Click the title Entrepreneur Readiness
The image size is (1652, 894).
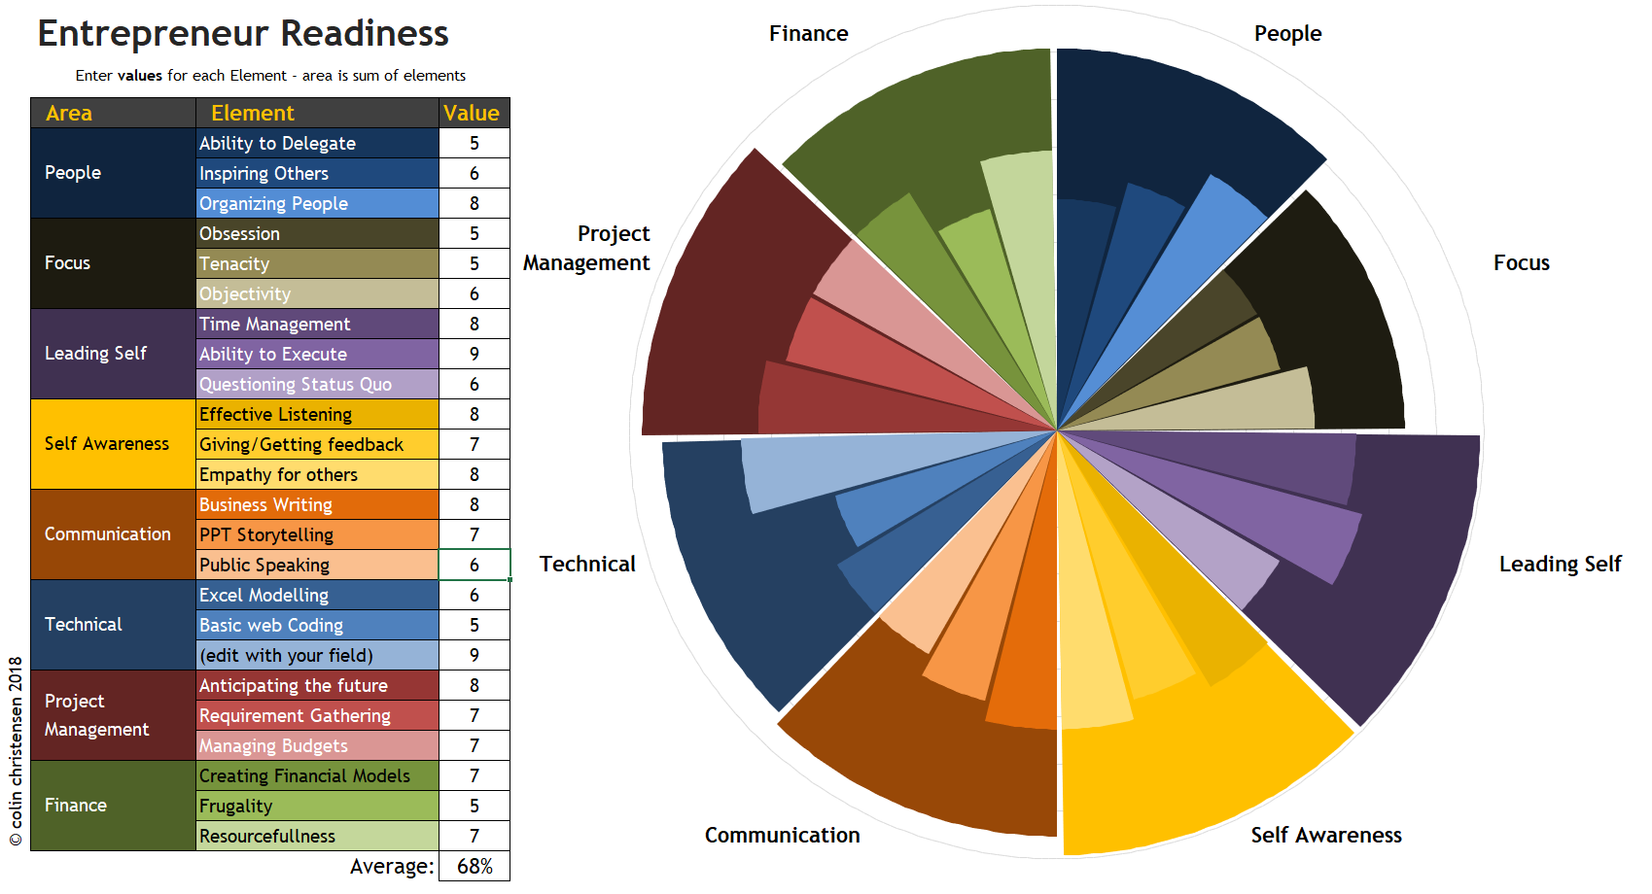pyautogui.click(x=243, y=34)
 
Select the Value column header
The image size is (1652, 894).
pyautogui.click(x=473, y=113)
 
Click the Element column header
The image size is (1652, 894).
pyautogui.click(x=253, y=113)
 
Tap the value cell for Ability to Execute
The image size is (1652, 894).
pyautogui.click(x=474, y=354)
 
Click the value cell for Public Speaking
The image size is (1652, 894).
pyautogui.click(x=474, y=565)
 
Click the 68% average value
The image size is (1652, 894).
pyautogui.click(x=475, y=866)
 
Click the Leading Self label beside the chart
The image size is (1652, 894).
pyautogui.click(x=1560, y=565)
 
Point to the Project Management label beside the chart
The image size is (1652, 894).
pyautogui.click(x=587, y=248)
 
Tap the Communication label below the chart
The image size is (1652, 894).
pyautogui.click(x=782, y=836)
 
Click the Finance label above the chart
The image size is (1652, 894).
pyautogui.click(x=808, y=34)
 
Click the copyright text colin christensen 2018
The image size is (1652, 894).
pyautogui.click(x=16, y=750)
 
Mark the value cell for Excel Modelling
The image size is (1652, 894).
pyautogui.click(x=474, y=595)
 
